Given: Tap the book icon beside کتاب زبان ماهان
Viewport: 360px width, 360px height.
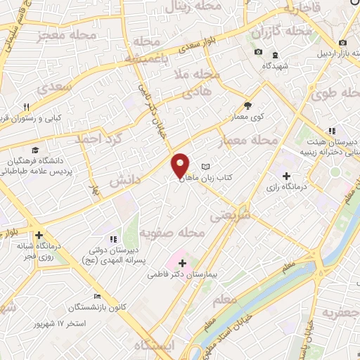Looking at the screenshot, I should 205,167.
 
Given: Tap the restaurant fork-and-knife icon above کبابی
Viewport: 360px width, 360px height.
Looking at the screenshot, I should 26,106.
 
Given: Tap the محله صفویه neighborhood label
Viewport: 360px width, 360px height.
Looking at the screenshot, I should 172,232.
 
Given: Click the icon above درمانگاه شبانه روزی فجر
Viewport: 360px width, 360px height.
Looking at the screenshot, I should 39,236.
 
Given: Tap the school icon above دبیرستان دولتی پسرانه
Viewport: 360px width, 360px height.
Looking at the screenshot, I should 112,240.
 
